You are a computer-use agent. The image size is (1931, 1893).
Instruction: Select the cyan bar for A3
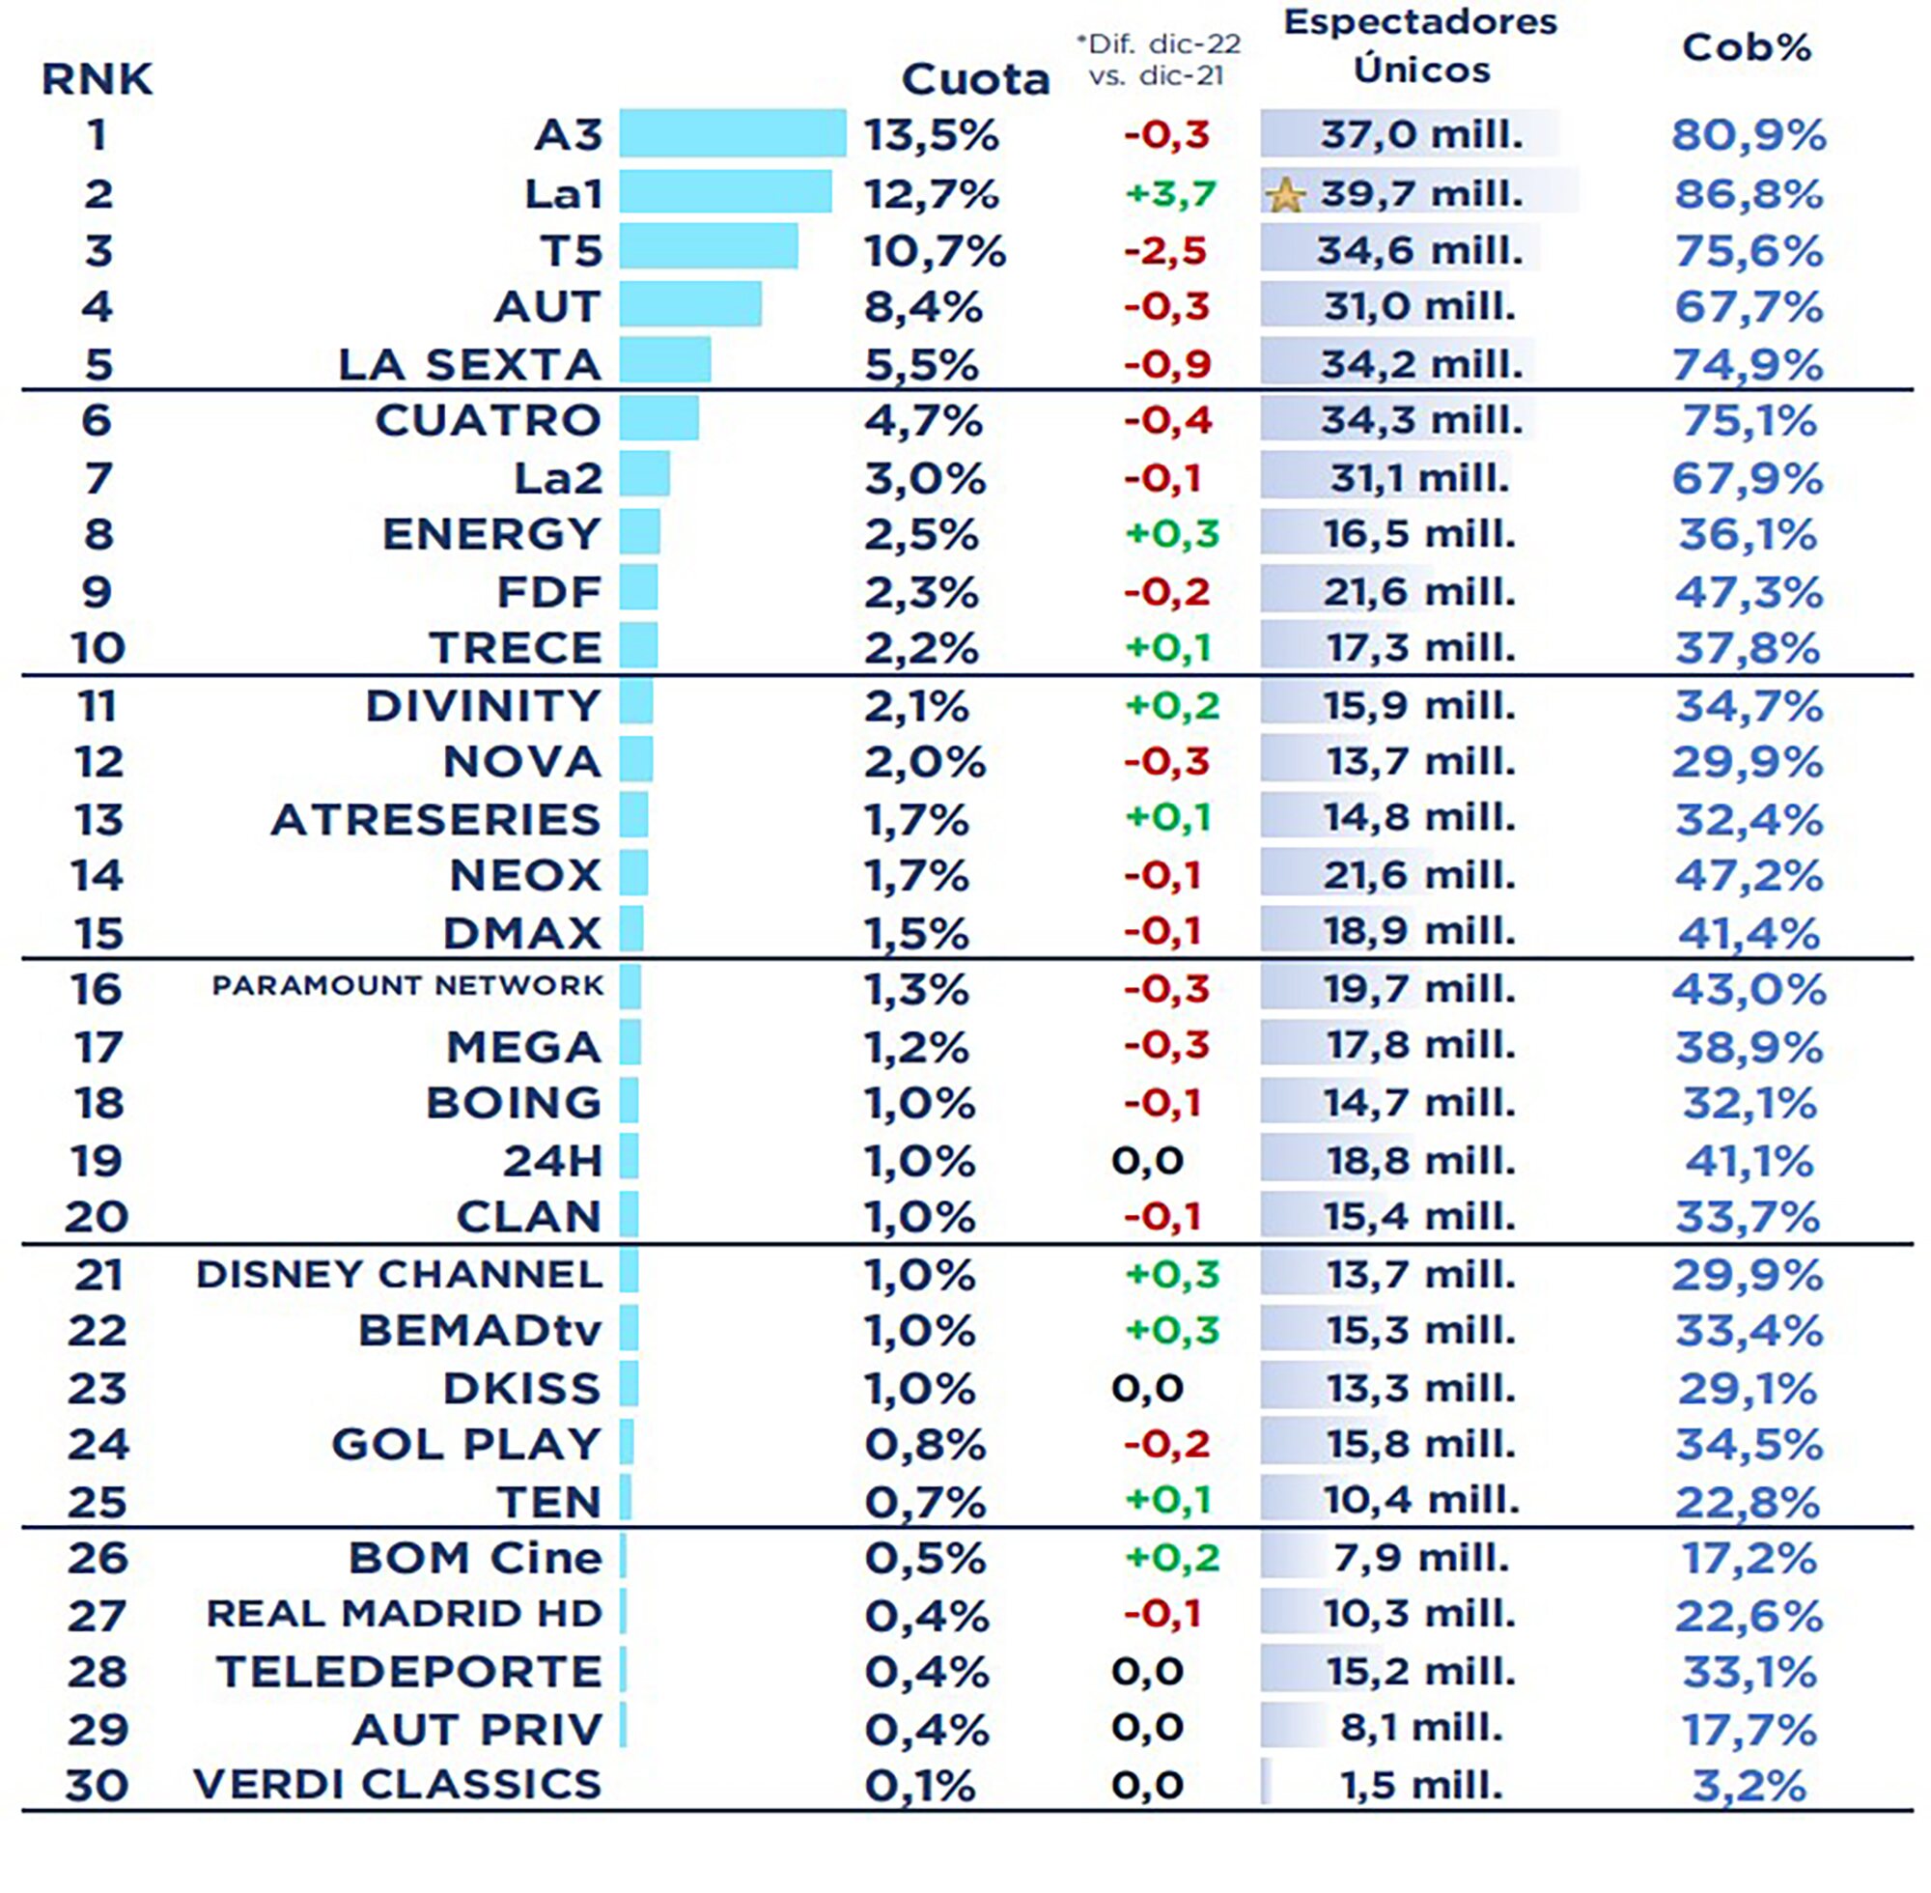click(x=733, y=134)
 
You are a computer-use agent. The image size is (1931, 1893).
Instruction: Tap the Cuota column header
click(x=974, y=78)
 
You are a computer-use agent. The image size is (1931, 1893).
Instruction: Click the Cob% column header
click(x=1747, y=47)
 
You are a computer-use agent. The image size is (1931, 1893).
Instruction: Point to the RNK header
click(x=97, y=78)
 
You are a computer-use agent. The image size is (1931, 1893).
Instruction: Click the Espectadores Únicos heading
click(x=1419, y=45)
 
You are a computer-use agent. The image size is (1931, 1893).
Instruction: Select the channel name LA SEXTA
click(x=469, y=364)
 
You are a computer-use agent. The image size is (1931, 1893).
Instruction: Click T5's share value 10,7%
click(x=935, y=250)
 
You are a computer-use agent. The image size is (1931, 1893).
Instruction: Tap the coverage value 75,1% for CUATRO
click(x=1749, y=420)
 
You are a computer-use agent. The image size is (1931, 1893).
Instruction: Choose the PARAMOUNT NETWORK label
click(x=407, y=985)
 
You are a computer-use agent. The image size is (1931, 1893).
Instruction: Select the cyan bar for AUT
click(x=689, y=304)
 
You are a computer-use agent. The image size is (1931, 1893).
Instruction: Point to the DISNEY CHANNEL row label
click(x=399, y=1274)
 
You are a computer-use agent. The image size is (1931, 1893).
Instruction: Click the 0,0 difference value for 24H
click(x=1147, y=1159)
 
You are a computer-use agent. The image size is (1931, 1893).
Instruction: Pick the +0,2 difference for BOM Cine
click(x=1171, y=1557)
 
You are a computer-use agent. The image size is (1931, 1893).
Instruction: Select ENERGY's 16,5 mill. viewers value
click(x=1418, y=534)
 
